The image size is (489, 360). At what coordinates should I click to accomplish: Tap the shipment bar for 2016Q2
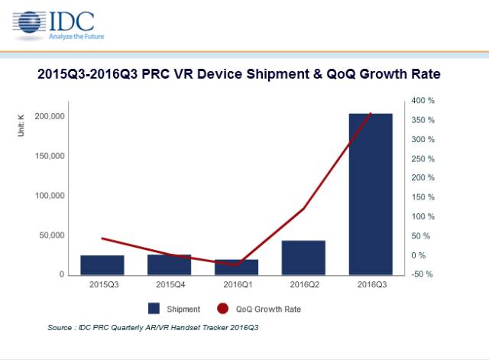pyautogui.click(x=303, y=257)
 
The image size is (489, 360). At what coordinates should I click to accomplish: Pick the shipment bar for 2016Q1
pyautogui.click(x=236, y=267)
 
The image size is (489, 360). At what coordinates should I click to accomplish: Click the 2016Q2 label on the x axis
pyautogui.click(x=303, y=285)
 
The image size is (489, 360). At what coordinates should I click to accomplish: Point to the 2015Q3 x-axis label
pyautogui.click(x=102, y=285)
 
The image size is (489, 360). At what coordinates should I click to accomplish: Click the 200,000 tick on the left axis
pyautogui.click(x=49, y=116)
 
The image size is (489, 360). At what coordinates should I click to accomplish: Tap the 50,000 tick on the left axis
pyautogui.click(x=51, y=235)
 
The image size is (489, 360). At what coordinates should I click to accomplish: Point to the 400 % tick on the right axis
pyautogui.click(x=423, y=100)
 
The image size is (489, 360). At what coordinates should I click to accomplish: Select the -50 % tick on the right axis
pyautogui.click(x=423, y=274)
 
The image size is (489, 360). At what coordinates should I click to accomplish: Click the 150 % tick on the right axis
pyautogui.click(x=423, y=197)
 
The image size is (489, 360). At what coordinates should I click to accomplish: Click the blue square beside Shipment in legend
pyautogui.click(x=154, y=309)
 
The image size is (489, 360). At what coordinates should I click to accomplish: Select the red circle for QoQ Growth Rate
pyautogui.click(x=222, y=309)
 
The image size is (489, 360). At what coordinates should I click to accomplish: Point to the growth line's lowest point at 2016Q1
pyautogui.click(x=236, y=264)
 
